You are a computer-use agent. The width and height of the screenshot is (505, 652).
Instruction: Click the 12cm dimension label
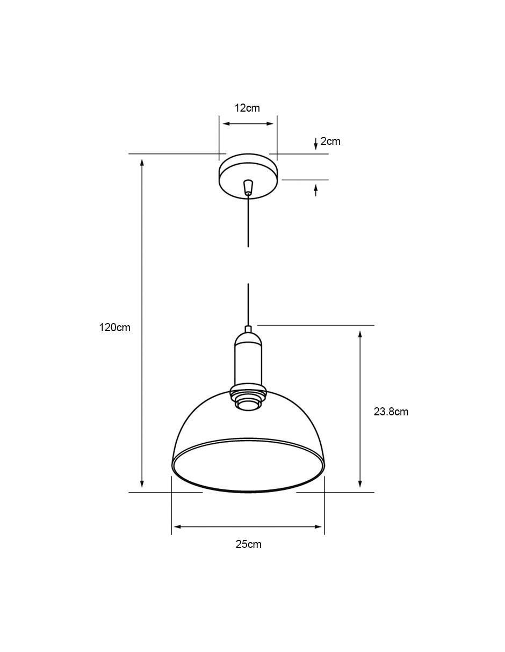[x=247, y=108]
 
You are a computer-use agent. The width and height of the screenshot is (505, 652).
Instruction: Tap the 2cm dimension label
[x=330, y=141]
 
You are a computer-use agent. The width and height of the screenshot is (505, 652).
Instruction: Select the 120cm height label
[x=115, y=327]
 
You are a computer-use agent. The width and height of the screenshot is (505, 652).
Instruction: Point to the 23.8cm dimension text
[x=391, y=412]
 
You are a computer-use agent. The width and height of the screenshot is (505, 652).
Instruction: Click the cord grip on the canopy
[x=248, y=187]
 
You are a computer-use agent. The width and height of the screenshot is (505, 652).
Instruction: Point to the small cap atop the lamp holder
[x=248, y=328]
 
